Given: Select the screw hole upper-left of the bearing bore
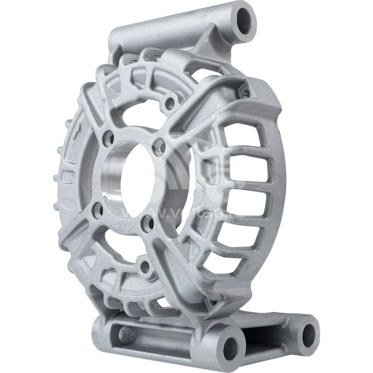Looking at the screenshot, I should [108, 138].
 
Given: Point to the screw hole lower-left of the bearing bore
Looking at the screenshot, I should [99, 211].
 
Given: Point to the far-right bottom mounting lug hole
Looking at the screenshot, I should [308, 334].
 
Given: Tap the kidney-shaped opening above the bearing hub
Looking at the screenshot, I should [140, 112].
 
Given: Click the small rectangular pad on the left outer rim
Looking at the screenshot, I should [69, 178].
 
